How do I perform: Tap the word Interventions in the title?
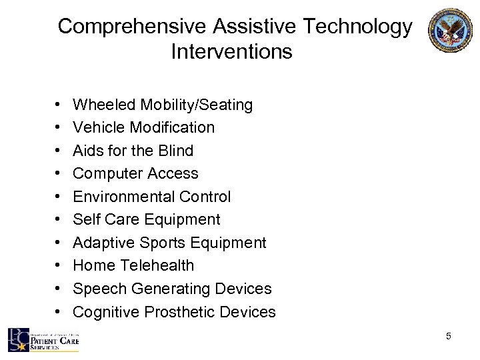pos(231,51)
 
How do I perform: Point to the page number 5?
pos(449,337)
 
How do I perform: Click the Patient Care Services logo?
pos(43,341)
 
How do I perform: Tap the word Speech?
pos(97,289)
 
